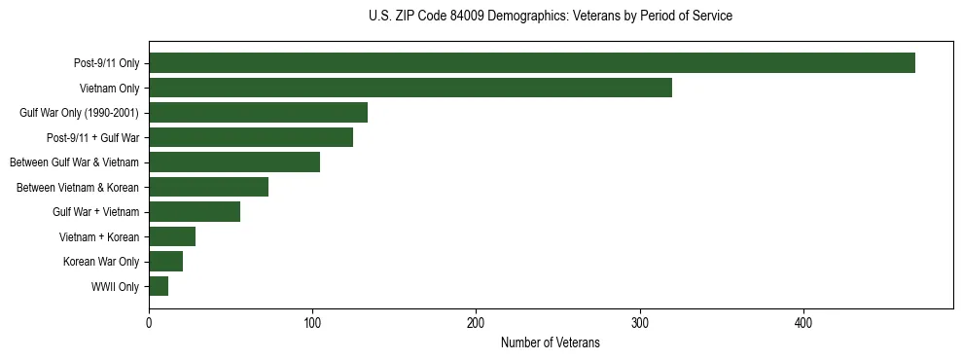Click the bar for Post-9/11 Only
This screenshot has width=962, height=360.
click(x=532, y=63)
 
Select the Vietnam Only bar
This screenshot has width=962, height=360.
click(x=410, y=89)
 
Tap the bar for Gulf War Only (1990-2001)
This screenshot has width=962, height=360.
click(x=258, y=113)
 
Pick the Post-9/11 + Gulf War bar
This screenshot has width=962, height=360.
click(x=251, y=137)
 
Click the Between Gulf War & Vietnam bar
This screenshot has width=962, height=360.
click(x=234, y=162)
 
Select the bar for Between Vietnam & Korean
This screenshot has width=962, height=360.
click(x=208, y=187)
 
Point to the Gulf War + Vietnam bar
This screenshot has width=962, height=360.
click(x=195, y=212)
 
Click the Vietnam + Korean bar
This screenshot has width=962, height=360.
click(x=172, y=236)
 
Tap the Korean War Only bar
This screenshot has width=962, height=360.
click(x=165, y=262)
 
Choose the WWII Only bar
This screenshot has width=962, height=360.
click(x=159, y=286)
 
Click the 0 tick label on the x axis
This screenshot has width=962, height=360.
click(x=149, y=323)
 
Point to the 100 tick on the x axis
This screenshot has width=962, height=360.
click(x=312, y=323)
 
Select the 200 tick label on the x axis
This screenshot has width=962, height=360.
click(x=477, y=323)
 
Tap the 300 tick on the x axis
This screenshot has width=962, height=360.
click(x=640, y=323)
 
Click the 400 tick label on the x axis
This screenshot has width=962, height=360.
click(x=803, y=323)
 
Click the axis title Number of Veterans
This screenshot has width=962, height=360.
click(x=550, y=343)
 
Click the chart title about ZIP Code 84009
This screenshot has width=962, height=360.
click(x=551, y=17)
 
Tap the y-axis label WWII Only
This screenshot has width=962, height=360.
click(x=115, y=287)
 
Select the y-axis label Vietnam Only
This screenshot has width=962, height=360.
click(x=109, y=89)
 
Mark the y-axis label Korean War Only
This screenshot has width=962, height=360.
click(x=102, y=262)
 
